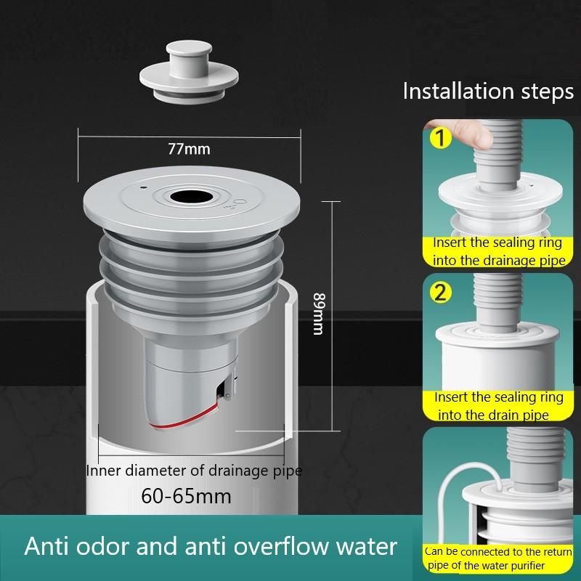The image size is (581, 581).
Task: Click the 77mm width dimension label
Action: pos(188,150)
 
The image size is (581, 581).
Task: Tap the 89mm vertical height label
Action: pos(317,314)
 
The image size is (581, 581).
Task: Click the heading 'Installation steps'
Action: pos(488,92)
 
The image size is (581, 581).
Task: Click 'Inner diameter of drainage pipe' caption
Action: pos(194,471)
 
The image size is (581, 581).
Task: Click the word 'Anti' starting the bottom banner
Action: pos(48,546)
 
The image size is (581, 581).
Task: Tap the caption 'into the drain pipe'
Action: pos(492,415)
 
